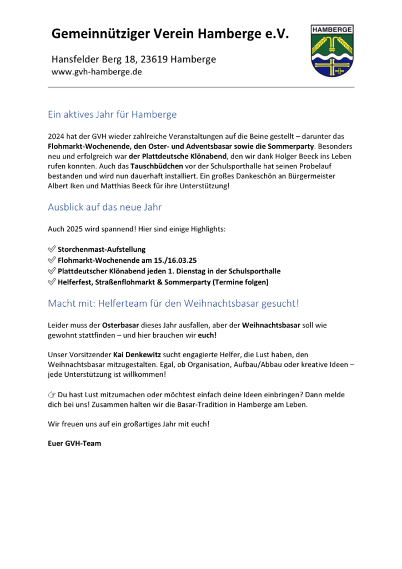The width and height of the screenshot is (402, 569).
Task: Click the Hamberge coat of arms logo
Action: coord(331,51)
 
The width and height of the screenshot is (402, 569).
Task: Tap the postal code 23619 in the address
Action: coord(155,59)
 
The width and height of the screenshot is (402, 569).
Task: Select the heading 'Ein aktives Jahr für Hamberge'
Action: coord(112,115)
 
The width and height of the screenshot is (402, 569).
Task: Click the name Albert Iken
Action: coord(69,186)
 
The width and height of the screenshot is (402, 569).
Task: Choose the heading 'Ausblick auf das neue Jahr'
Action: coord(104,207)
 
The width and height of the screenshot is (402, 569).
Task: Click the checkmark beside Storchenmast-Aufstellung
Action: coord(52,250)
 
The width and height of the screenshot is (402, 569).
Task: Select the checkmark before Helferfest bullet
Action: coord(52,282)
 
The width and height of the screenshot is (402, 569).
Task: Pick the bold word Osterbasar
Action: coord(121,324)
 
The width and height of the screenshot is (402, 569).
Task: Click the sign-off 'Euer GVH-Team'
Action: coord(74,443)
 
